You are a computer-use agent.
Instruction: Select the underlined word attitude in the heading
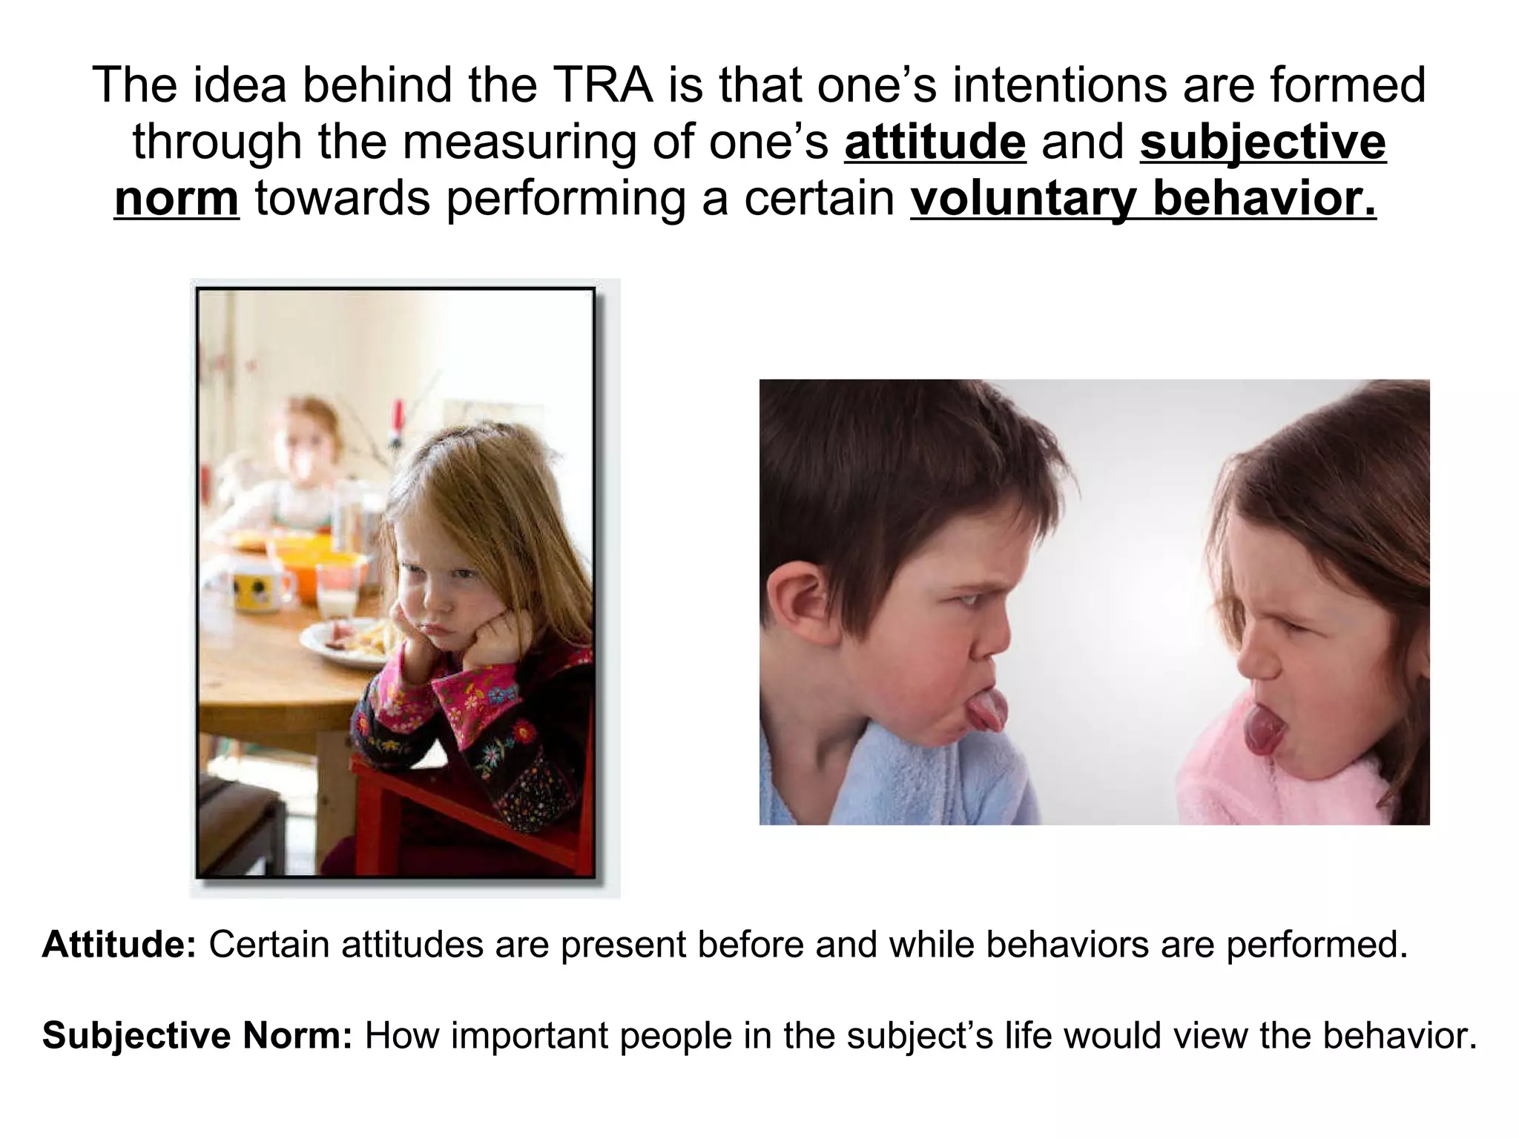click(935, 142)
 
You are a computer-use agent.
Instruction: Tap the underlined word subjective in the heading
click(1262, 142)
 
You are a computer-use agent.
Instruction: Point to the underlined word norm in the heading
click(177, 199)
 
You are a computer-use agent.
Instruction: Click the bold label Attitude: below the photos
click(119, 945)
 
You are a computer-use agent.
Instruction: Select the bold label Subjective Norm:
click(197, 1035)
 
